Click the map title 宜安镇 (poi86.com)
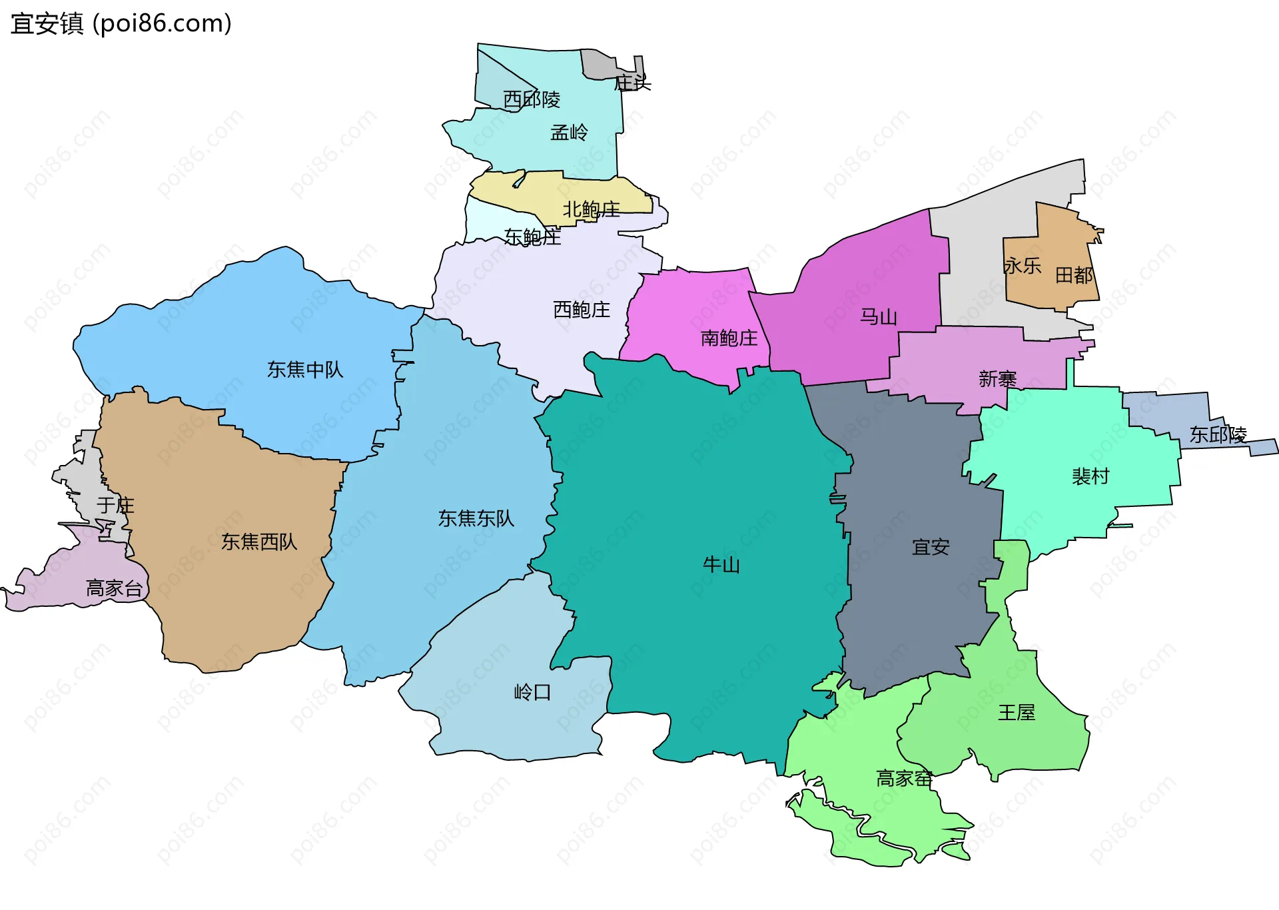pyautogui.click(x=121, y=24)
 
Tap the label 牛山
pyautogui.click(x=721, y=565)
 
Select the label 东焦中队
pyautogui.click(x=305, y=370)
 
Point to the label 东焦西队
pyautogui.click(x=259, y=542)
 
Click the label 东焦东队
pyautogui.click(x=476, y=518)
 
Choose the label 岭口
pyautogui.click(x=532, y=692)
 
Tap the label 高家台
pyautogui.click(x=114, y=588)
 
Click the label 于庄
pyautogui.click(x=115, y=506)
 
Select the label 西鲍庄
pyautogui.click(x=582, y=310)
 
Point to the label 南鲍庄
pyautogui.click(x=729, y=338)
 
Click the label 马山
pyautogui.click(x=879, y=316)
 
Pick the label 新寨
pyautogui.click(x=997, y=379)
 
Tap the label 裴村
pyautogui.click(x=1090, y=476)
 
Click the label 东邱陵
pyautogui.click(x=1218, y=435)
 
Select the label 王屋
pyautogui.click(x=1017, y=713)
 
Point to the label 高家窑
pyautogui.click(x=904, y=778)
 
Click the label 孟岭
pyautogui.click(x=569, y=133)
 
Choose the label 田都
pyautogui.click(x=1074, y=275)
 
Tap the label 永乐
pyautogui.click(x=1023, y=266)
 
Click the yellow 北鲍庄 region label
pyautogui.click(x=592, y=210)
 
